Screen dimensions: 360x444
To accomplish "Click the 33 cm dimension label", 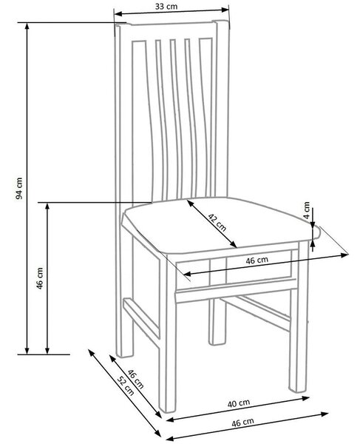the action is (x=166, y=6).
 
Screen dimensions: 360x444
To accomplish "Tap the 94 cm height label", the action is (x=19, y=188).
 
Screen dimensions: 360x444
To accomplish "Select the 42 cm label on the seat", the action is (x=217, y=223).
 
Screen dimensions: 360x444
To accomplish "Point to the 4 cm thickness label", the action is (x=307, y=210).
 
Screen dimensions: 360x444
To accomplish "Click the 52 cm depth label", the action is (x=126, y=386).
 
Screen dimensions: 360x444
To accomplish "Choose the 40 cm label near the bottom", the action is (x=239, y=403).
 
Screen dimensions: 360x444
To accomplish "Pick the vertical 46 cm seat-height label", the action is (x=40, y=278).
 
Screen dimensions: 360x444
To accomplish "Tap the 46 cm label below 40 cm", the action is (x=242, y=423).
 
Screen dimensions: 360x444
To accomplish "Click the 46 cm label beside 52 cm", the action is (x=136, y=379).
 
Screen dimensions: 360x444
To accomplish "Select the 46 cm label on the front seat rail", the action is (x=257, y=260).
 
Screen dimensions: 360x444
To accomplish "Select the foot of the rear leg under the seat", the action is (x=217, y=342).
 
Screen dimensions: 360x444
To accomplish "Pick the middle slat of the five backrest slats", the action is (x=177, y=119).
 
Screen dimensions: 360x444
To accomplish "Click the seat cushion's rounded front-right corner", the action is (x=316, y=233).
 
